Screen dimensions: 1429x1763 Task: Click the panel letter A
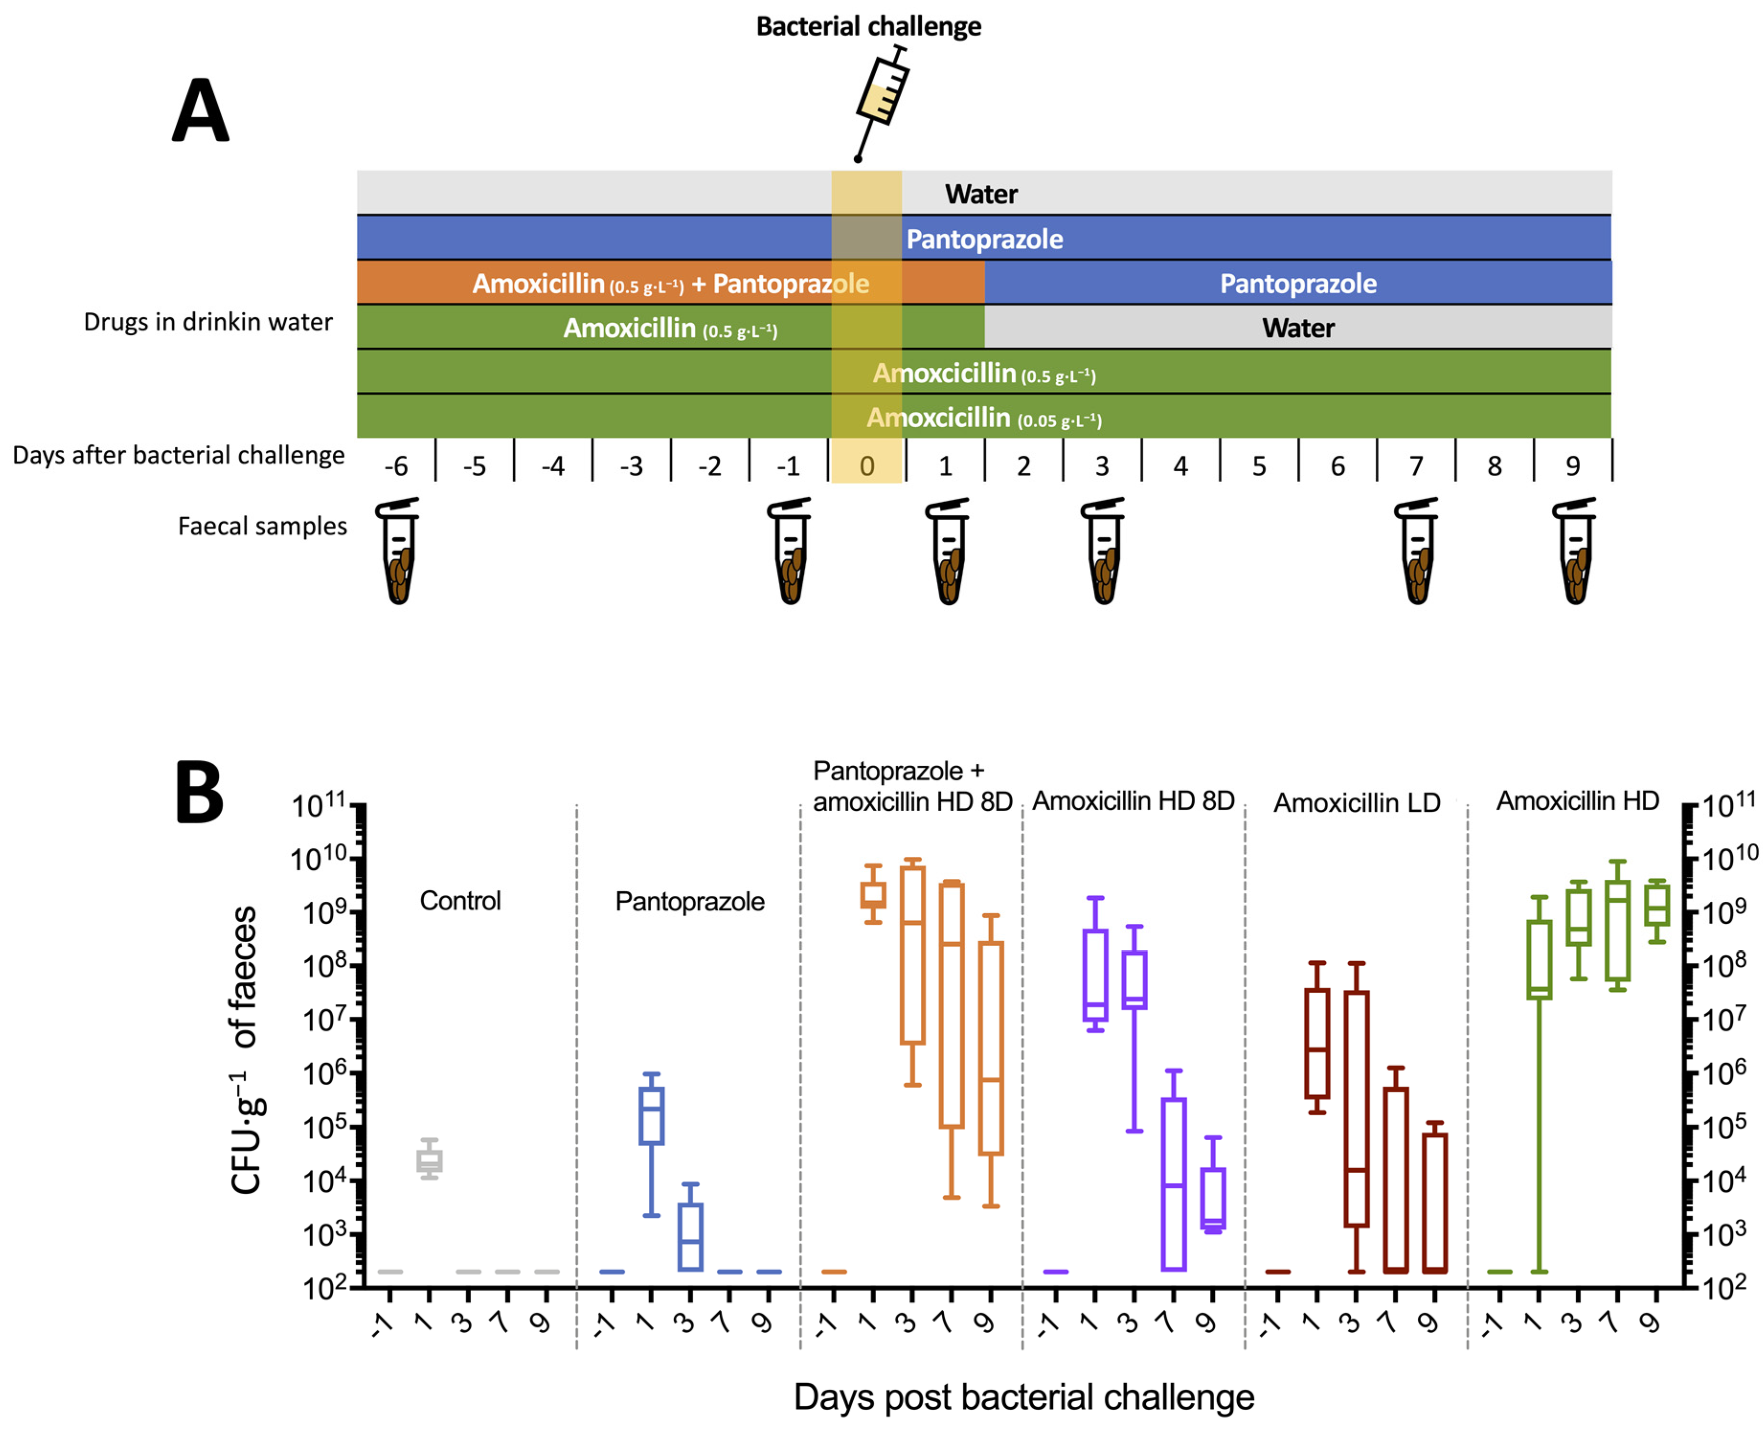(x=200, y=111)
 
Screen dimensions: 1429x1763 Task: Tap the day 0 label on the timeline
(x=867, y=466)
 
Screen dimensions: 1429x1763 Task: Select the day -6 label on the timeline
(x=396, y=466)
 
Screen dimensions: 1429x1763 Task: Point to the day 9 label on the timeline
(x=1572, y=466)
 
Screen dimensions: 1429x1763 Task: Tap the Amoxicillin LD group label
(x=1356, y=803)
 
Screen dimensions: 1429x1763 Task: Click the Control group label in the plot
(x=460, y=900)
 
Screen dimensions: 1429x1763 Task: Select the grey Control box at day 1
(x=429, y=1161)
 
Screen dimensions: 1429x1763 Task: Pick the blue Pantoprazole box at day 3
(x=690, y=1236)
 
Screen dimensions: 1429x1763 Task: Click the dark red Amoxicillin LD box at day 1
(x=1317, y=1043)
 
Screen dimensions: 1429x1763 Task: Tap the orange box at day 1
(x=873, y=895)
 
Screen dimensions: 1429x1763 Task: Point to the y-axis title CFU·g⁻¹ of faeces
(x=245, y=1050)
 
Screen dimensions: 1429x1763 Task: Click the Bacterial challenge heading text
(x=868, y=26)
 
